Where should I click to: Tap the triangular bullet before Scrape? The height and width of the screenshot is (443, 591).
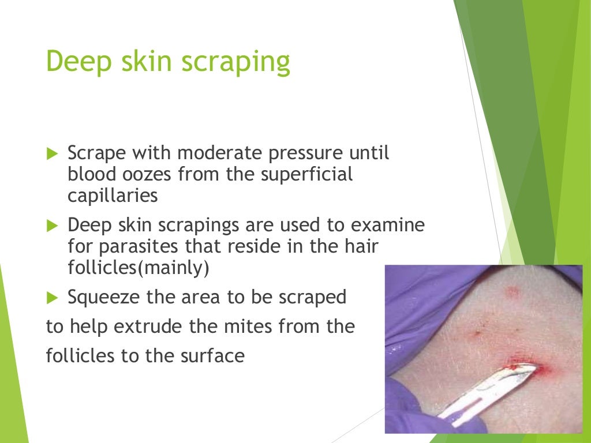tap(52, 154)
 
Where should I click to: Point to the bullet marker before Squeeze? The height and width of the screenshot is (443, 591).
tap(52, 298)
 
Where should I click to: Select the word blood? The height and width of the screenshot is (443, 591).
tap(92, 174)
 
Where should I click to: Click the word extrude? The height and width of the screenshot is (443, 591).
tap(168, 326)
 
